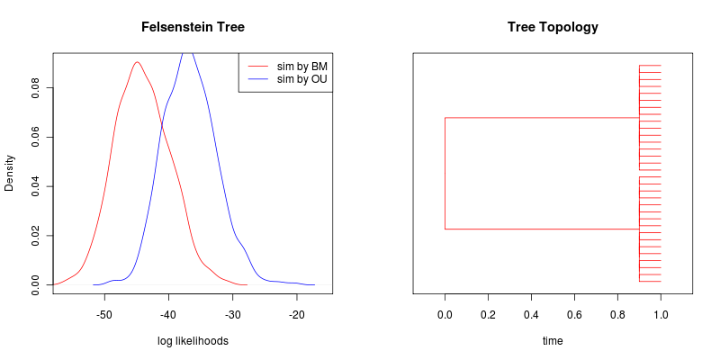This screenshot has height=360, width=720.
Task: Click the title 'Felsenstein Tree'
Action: (193, 27)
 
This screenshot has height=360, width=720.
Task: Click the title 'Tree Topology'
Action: (553, 27)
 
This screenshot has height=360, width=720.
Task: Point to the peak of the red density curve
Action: (137, 62)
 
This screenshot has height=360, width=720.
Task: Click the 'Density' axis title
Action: (11, 173)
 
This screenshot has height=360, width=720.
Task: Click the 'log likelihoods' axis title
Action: (193, 341)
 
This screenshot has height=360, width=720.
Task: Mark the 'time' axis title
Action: (553, 341)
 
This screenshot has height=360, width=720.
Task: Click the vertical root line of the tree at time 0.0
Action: (445, 173)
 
